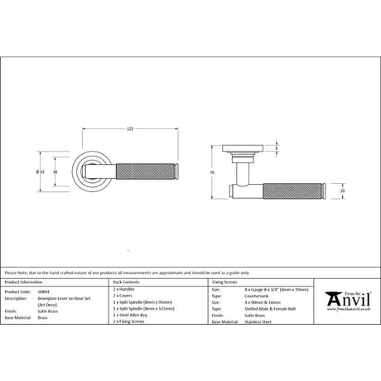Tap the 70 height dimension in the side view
coord(212,172)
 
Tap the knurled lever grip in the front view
coord(149,171)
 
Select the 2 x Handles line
coord(124,292)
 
